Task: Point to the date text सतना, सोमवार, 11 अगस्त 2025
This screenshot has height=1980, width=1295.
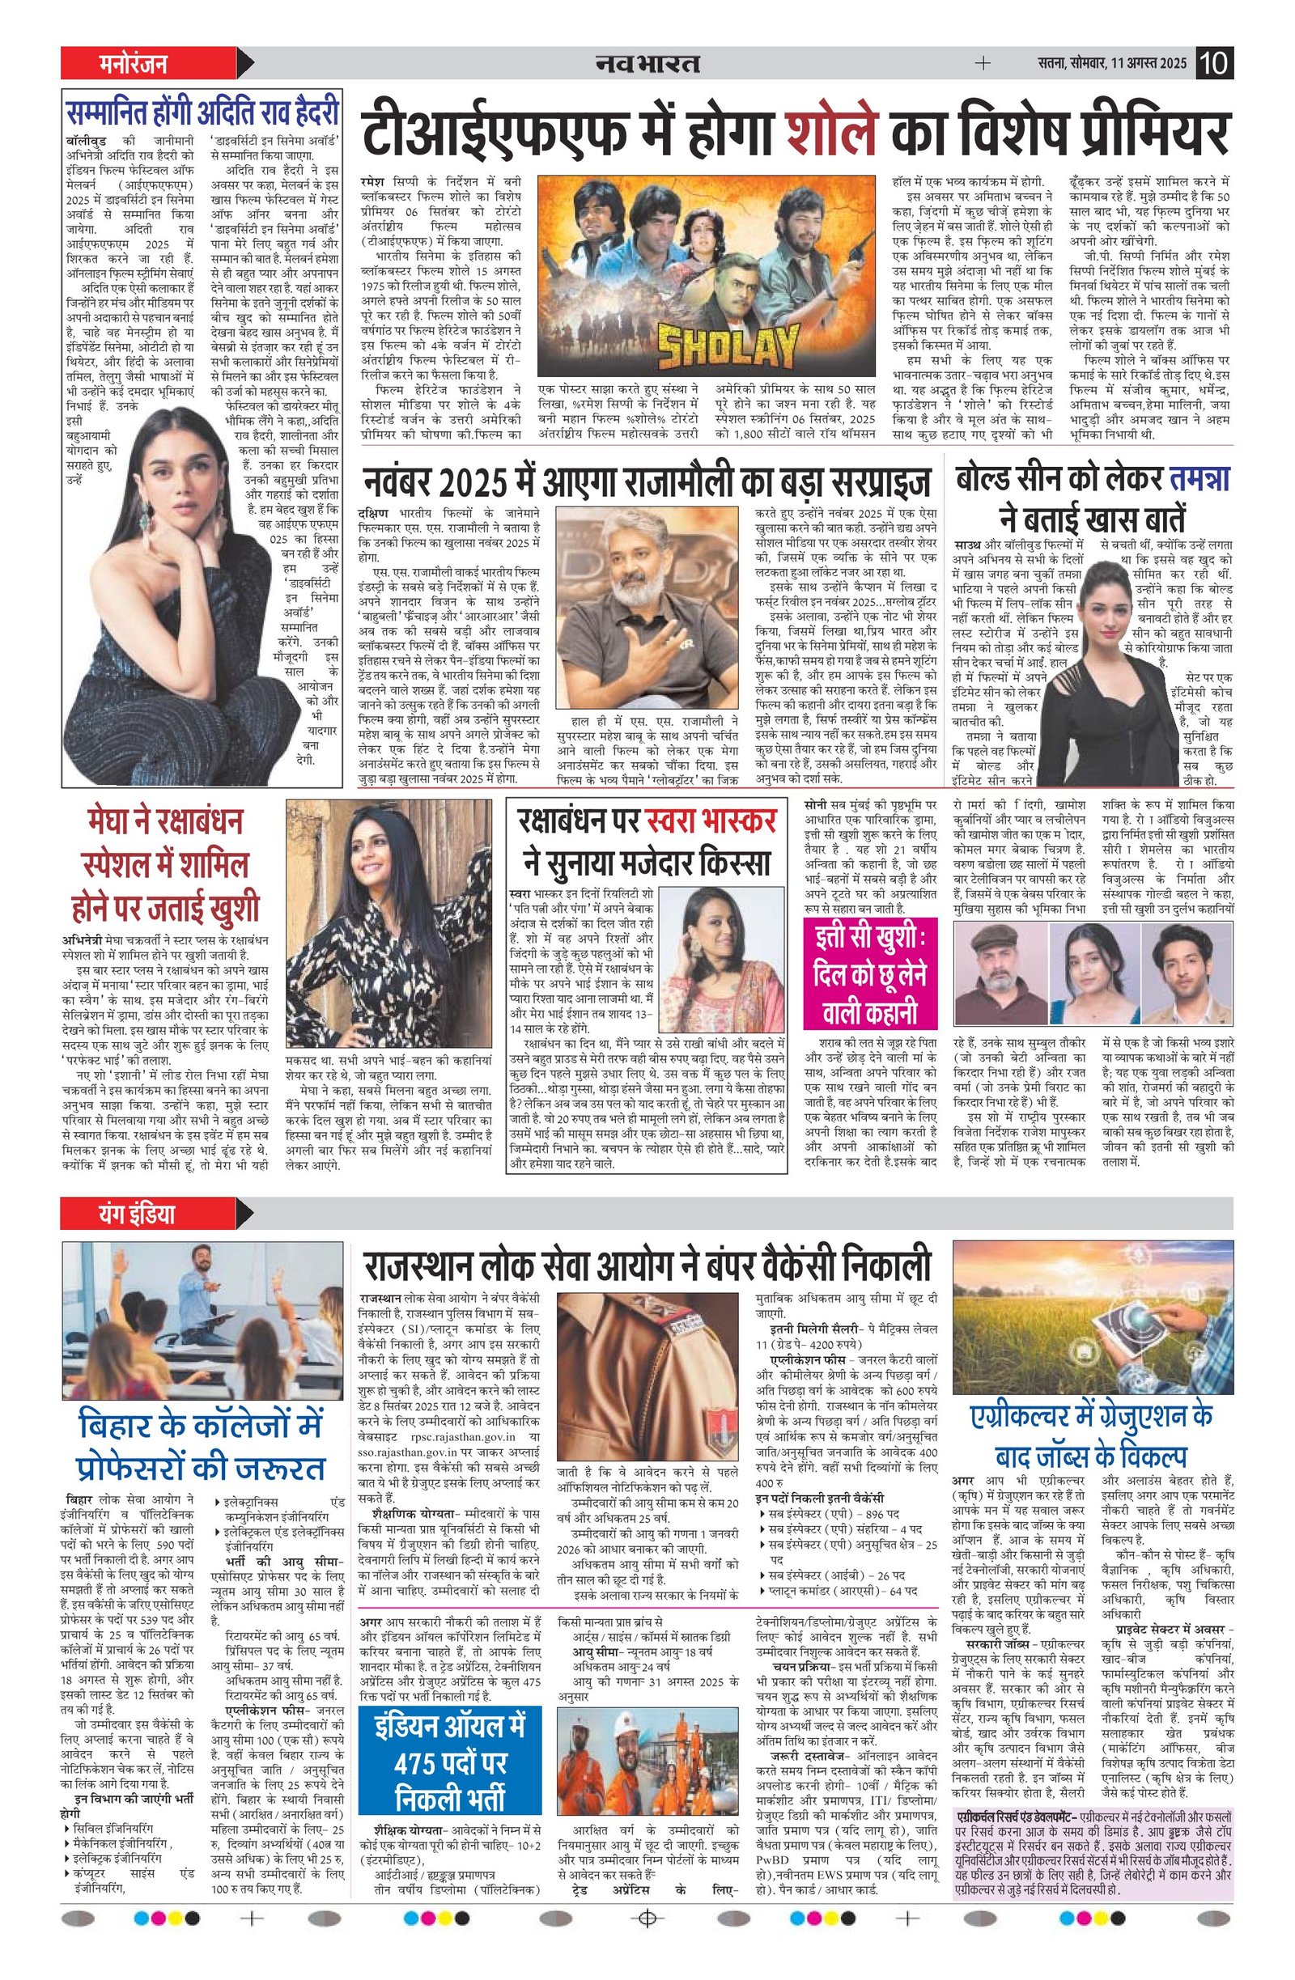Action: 1112,64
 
